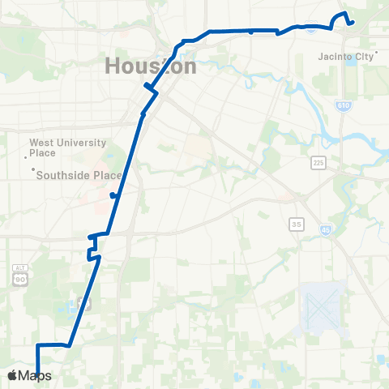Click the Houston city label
tap(151, 66)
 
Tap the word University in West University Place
tap(79, 143)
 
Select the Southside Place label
tap(80, 175)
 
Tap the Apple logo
tap(11, 375)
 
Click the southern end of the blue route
tap(38, 374)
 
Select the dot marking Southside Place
tap(33, 169)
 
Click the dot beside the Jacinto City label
tap(377, 53)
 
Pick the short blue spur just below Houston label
tap(146, 86)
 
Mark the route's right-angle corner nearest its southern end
tap(38, 344)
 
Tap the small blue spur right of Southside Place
tap(114, 195)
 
